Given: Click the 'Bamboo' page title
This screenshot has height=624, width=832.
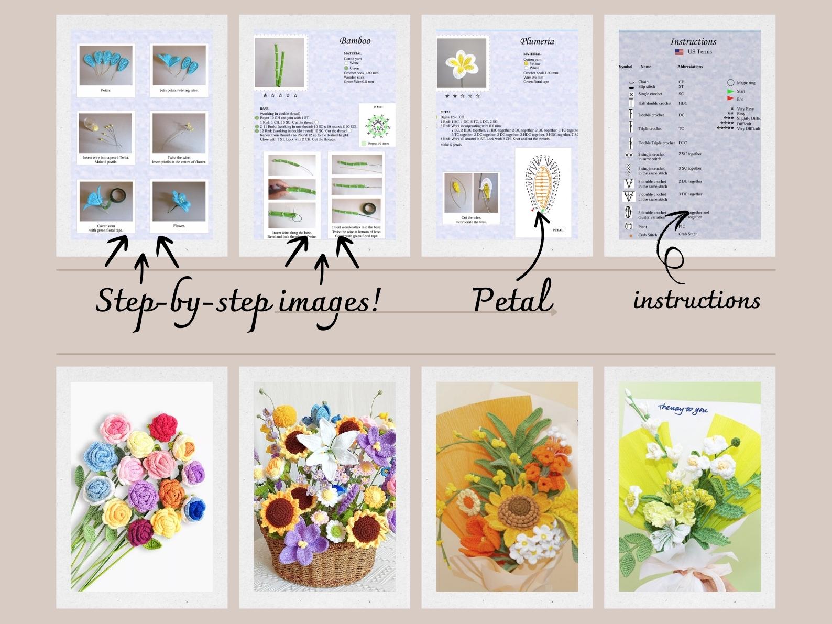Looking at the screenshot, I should pyautogui.click(x=355, y=41).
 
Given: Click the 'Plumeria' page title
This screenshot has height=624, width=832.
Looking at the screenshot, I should pyautogui.click(x=537, y=41).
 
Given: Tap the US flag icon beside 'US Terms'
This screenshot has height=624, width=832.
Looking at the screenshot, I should pyautogui.click(x=679, y=52).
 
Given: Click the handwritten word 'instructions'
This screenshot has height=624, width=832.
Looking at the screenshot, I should pyautogui.click(x=696, y=301).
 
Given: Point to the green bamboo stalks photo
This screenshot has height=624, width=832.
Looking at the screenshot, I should pyautogui.click(x=280, y=63).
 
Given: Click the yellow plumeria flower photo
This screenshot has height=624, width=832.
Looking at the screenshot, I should pyautogui.click(x=462, y=63).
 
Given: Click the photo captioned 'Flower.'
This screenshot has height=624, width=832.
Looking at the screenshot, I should pyautogui.click(x=179, y=201).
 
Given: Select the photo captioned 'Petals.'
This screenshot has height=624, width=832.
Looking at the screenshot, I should pyautogui.click(x=106, y=65).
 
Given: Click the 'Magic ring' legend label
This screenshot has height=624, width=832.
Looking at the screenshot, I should pyautogui.click(x=746, y=83).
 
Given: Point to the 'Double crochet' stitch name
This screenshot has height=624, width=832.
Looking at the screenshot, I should pyautogui.click(x=651, y=115).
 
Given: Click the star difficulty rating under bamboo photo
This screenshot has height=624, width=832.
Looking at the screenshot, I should pyautogui.click(x=280, y=96).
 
